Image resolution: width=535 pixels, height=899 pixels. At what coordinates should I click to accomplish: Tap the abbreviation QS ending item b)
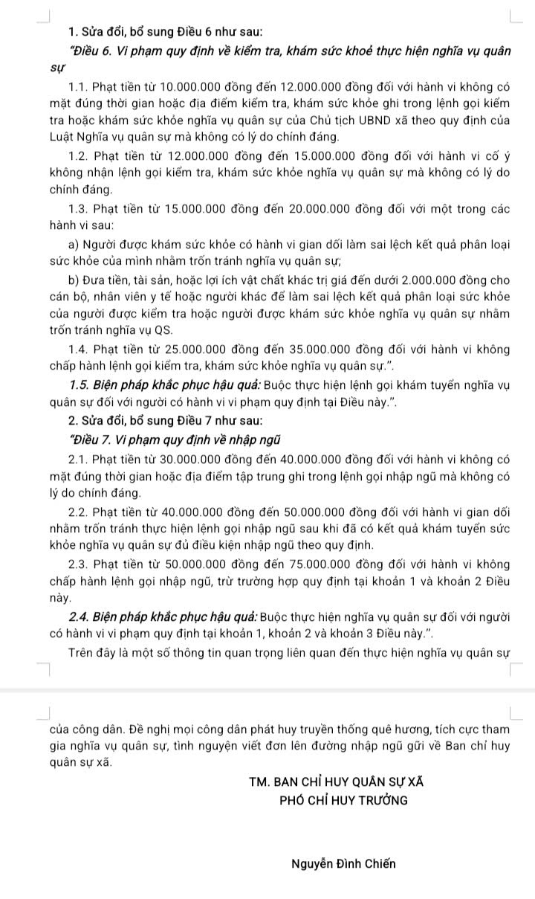tap(163, 329)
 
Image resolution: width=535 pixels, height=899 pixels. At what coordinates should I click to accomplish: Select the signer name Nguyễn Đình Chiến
tap(344, 863)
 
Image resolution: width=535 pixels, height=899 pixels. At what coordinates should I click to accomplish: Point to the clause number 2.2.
tap(77, 513)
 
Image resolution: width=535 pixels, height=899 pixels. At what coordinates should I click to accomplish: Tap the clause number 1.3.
tap(77, 208)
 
